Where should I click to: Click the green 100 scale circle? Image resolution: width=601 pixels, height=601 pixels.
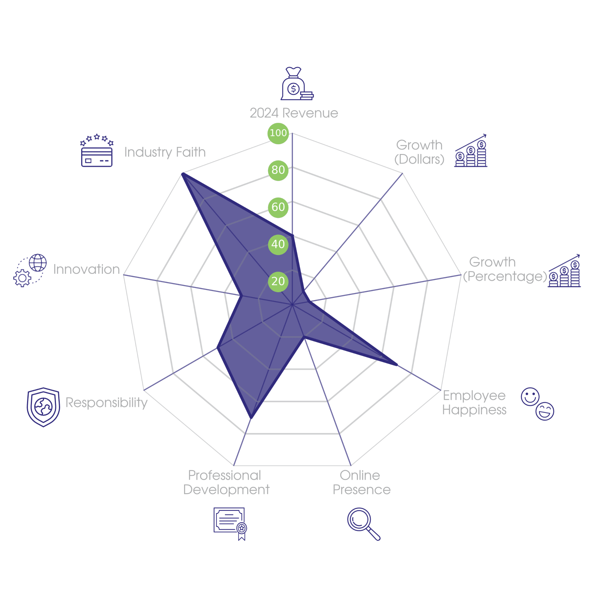[x=278, y=133]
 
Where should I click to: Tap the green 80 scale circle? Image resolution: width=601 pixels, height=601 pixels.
[x=278, y=170]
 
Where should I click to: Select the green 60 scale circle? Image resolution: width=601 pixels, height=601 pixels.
[x=278, y=207]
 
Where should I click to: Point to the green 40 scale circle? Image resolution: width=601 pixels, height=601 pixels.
[x=278, y=244]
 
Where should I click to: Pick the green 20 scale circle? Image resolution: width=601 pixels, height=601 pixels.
[x=278, y=281]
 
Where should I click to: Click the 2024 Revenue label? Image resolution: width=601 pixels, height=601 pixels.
[x=294, y=113]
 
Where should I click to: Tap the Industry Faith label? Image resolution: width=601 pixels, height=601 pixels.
[x=165, y=152]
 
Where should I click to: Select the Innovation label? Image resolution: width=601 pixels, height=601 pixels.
[x=86, y=269]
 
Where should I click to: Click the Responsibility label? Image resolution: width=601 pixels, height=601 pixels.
[x=106, y=402]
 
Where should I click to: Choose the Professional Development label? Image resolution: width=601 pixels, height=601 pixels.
[x=226, y=483]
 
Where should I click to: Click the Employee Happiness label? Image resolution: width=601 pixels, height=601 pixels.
[x=474, y=402]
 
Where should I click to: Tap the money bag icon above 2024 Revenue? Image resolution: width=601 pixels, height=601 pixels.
[x=296, y=84]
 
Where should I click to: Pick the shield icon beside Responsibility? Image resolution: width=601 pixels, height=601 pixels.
[x=43, y=407]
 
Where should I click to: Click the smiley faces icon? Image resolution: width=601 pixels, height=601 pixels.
[x=537, y=404]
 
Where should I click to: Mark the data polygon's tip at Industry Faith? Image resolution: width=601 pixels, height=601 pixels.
[x=182, y=173]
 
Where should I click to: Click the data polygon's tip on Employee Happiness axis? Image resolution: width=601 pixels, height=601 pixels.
[x=398, y=365]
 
